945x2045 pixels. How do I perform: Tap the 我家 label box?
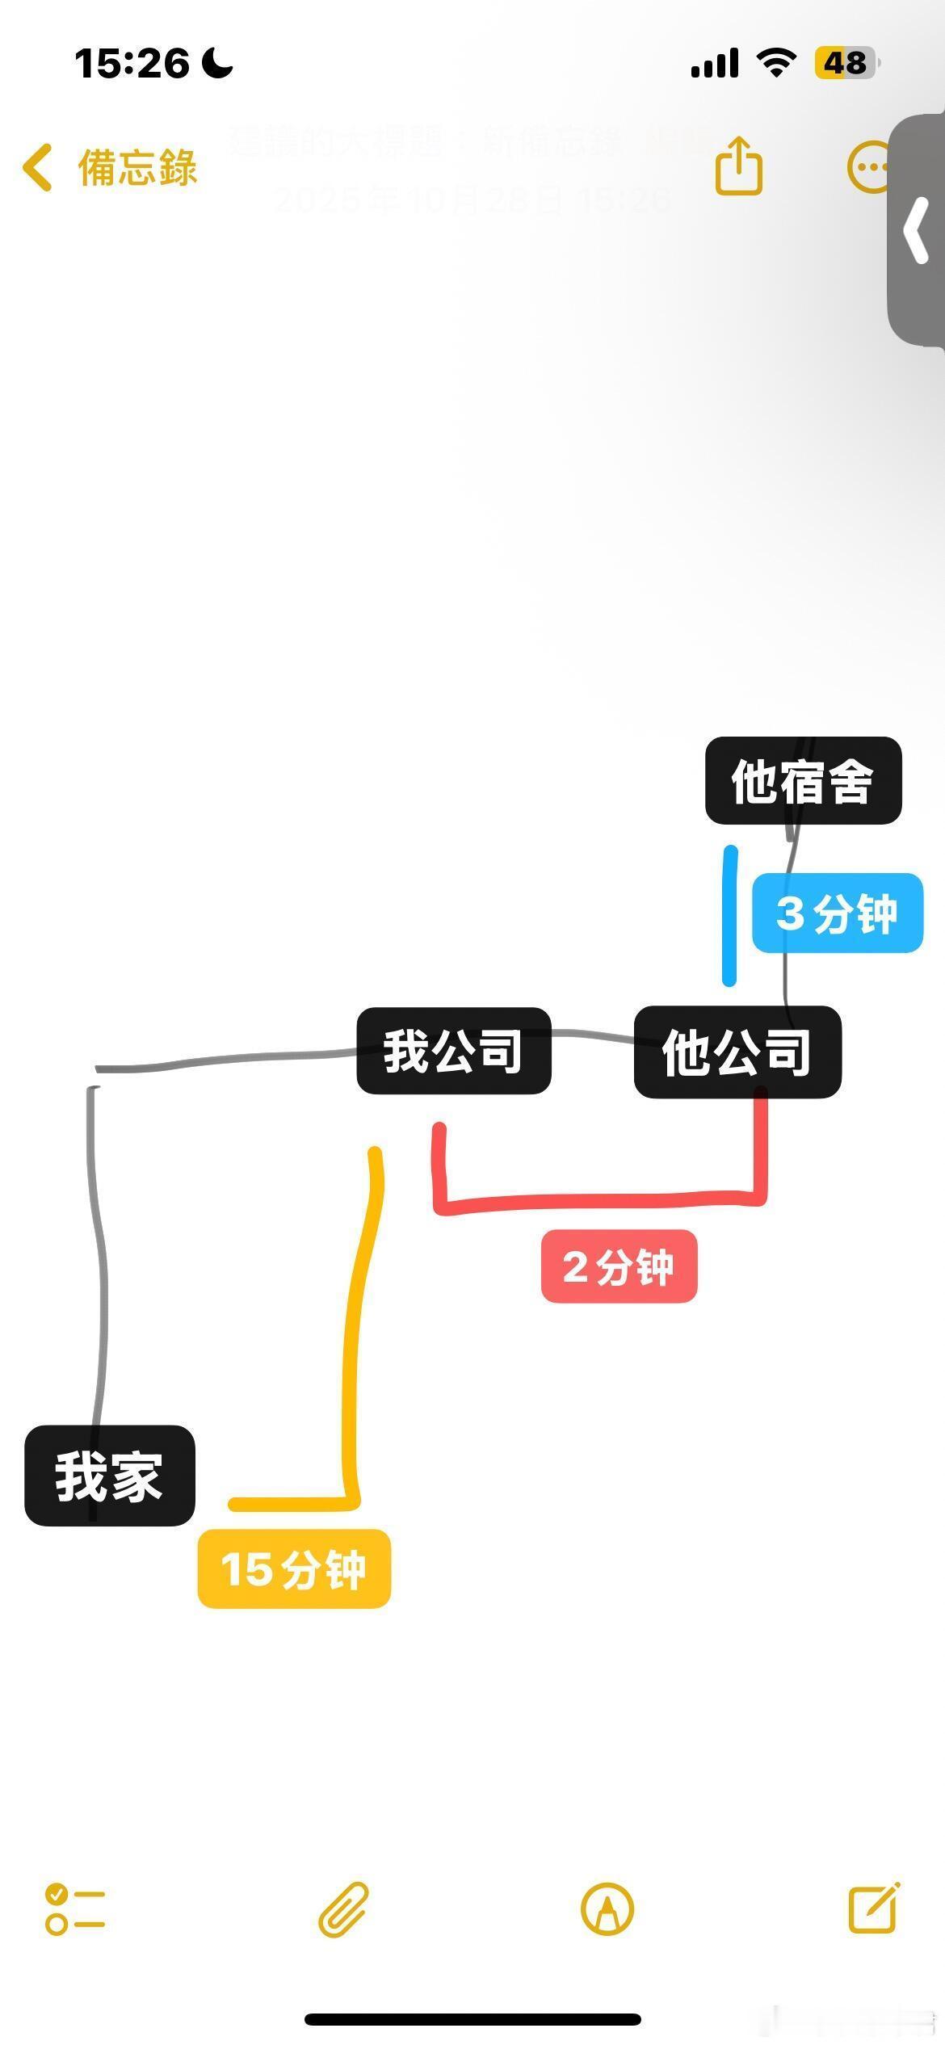110,1476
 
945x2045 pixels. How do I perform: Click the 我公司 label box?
453,1051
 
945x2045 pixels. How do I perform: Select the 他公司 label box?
737,1052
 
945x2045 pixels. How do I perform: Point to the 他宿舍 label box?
803,781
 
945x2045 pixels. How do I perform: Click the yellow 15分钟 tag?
294,1568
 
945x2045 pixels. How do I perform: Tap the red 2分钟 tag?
619,1266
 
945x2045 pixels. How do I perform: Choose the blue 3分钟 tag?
837,913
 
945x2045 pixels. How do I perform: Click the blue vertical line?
729,916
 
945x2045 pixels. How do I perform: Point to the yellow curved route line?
355,1333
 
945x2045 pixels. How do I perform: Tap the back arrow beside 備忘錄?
37,168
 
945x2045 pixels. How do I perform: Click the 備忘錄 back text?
137,168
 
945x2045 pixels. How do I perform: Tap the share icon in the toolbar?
738,166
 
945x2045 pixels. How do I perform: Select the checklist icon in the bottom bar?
75,1909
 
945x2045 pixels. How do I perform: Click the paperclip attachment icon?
343,1909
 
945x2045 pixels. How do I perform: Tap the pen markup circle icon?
607,1909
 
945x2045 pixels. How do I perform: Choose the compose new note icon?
874,1908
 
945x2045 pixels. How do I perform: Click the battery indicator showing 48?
846,62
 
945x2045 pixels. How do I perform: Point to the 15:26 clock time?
132,63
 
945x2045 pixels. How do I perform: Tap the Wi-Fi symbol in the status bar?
775,62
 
